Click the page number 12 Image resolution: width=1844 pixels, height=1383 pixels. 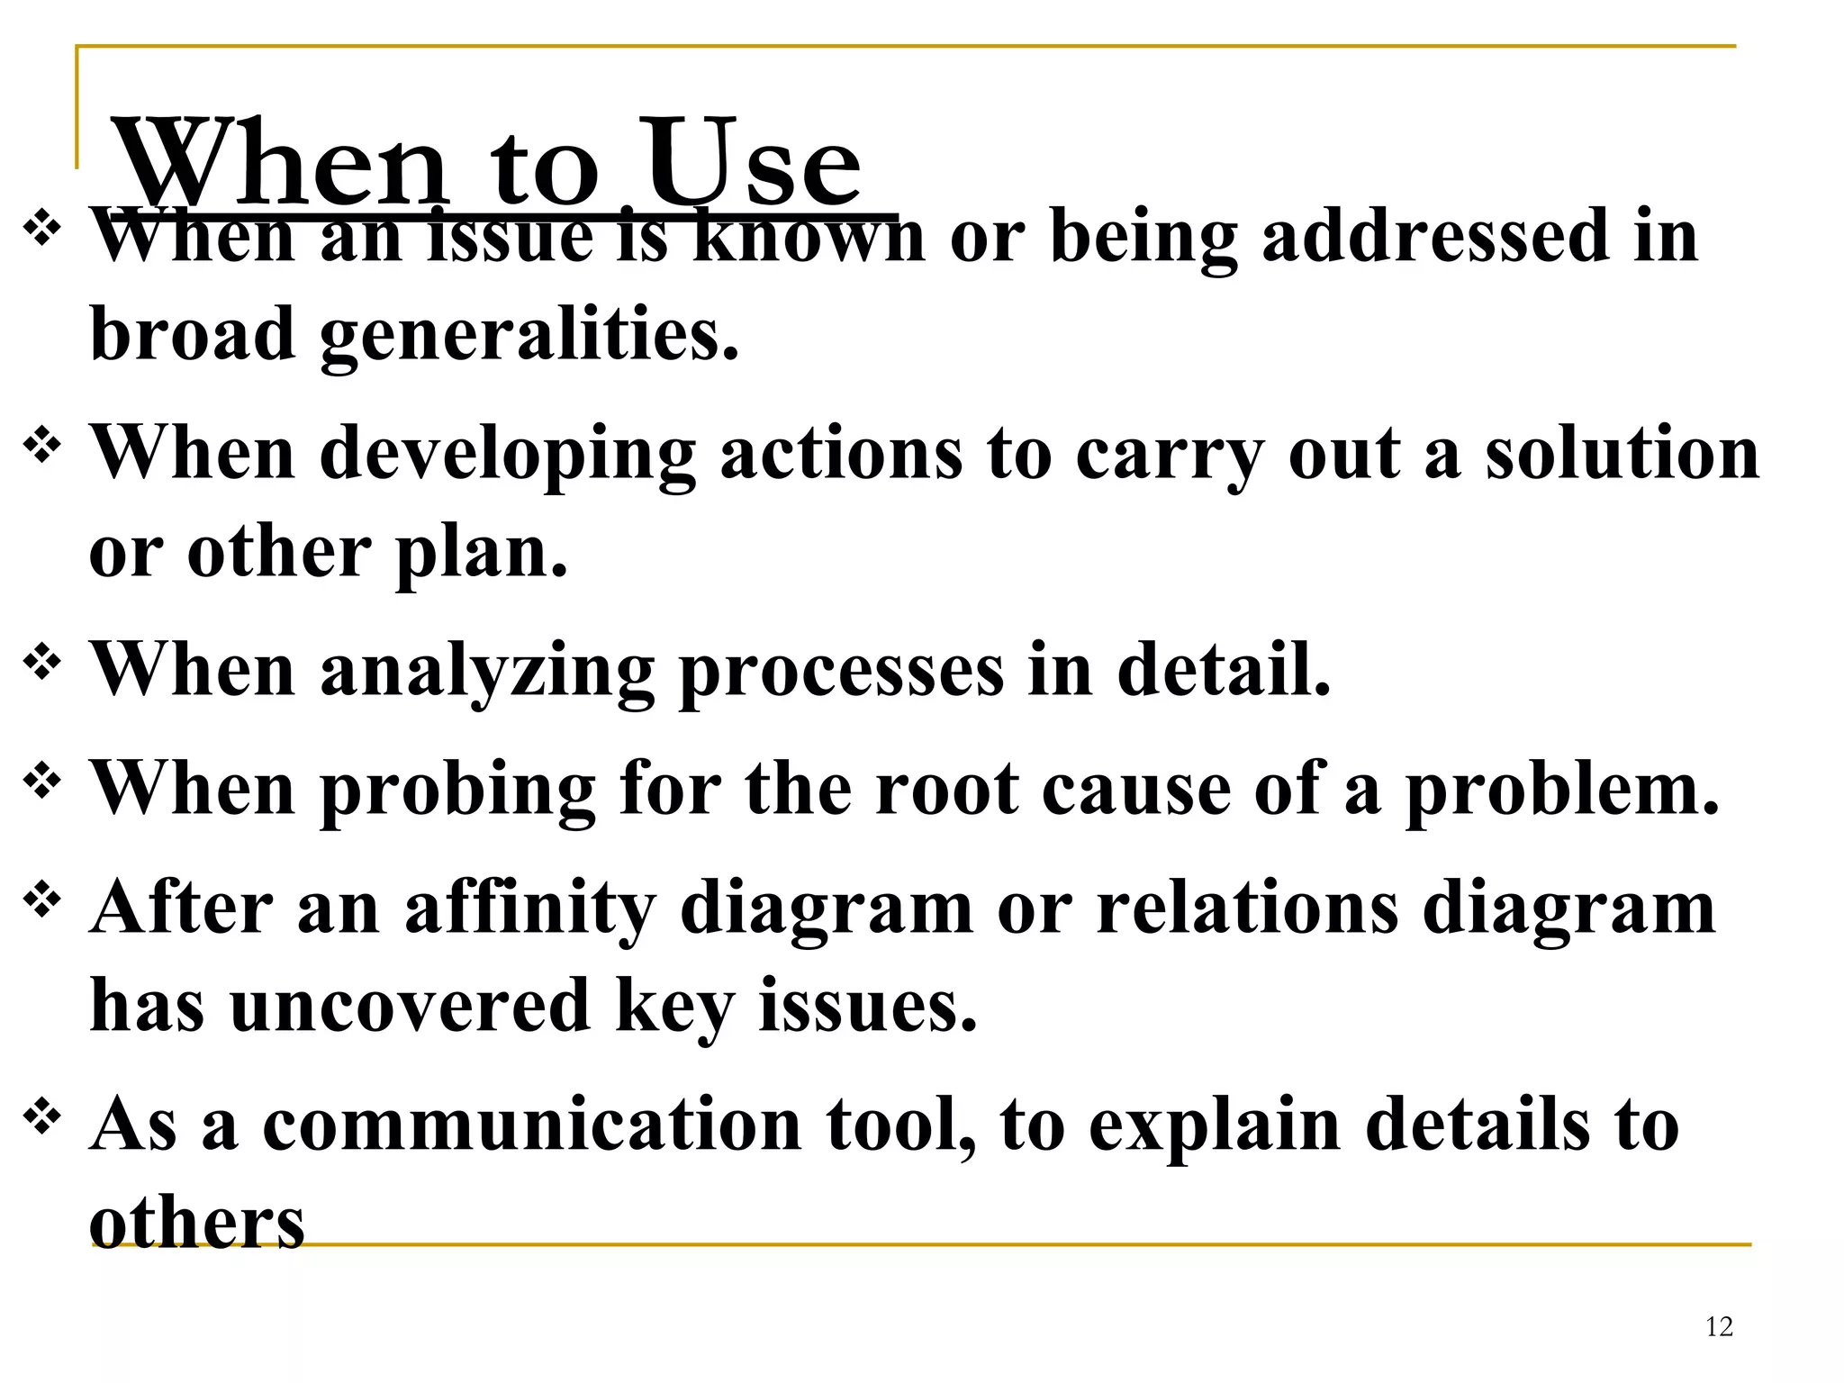(x=1719, y=1326)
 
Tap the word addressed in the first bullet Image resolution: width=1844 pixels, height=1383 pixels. (x=1435, y=236)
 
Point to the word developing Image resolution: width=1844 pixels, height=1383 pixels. (x=508, y=455)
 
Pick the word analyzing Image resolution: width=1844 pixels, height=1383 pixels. (x=486, y=672)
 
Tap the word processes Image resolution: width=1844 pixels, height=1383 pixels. (x=841, y=672)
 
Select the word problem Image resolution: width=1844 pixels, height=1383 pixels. (x=1563, y=790)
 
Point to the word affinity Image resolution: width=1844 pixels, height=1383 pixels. (x=530, y=908)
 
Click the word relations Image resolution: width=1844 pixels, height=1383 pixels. (x=1247, y=908)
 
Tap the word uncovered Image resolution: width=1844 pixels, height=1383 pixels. (x=410, y=1006)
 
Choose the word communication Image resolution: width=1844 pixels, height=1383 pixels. (x=532, y=1125)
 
